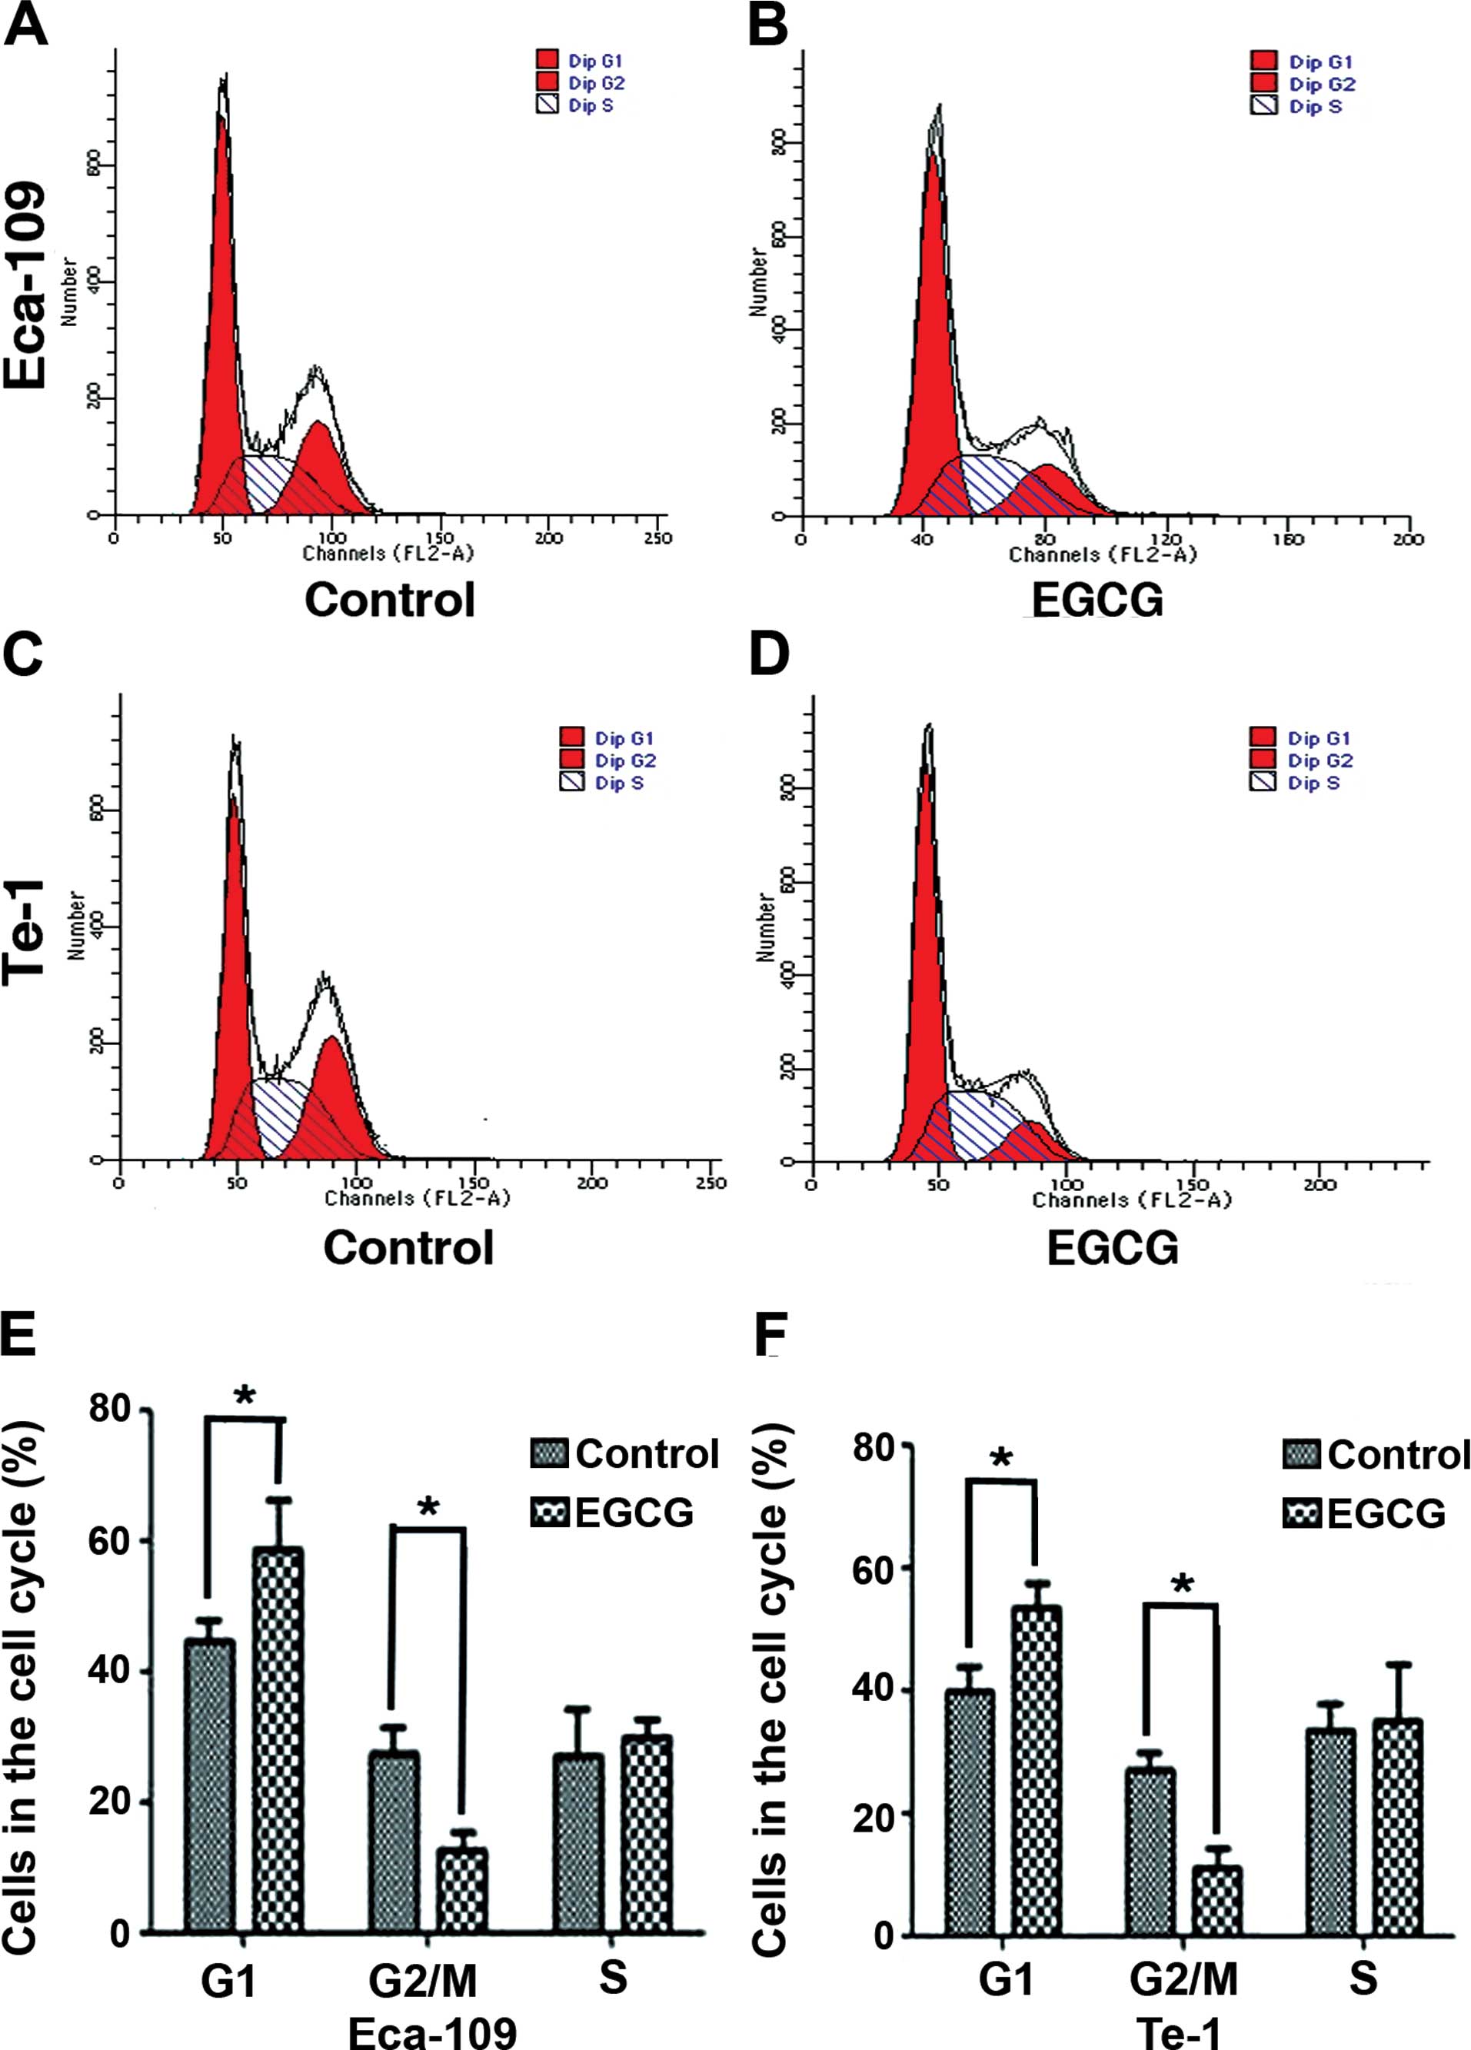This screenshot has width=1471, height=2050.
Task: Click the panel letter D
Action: click(770, 654)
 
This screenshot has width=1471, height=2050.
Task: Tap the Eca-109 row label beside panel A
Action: click(25, 285)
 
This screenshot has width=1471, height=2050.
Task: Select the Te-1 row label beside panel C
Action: click(25, 931)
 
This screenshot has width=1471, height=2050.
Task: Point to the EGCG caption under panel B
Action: click(1097, 599)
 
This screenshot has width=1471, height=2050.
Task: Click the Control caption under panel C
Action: click(408, 1248)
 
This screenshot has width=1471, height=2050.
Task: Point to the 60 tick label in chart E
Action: click(110, 1541)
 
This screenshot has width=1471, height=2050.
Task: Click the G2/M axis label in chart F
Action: click(1183, 1980)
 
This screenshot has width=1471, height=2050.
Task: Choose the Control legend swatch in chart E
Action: click(549, 1453)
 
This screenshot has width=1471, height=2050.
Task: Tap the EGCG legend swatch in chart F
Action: click(1301, 1513)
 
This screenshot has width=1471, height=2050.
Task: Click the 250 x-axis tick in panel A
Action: click(657, 539)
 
